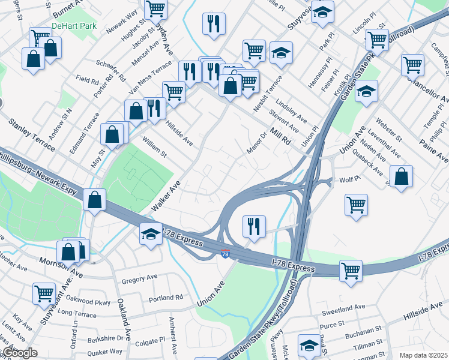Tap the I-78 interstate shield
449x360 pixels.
tap(225, 254)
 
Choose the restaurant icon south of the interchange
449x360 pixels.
tap(253, 226)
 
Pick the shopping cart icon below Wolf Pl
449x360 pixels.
tap(356, 205)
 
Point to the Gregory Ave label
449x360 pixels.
tap(139, 279)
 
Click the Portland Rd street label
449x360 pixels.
tap(166, 298)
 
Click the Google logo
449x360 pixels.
tap(19, 353)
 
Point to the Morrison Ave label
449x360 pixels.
tap(61, 266)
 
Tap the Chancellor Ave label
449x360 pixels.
tap(427, 89)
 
